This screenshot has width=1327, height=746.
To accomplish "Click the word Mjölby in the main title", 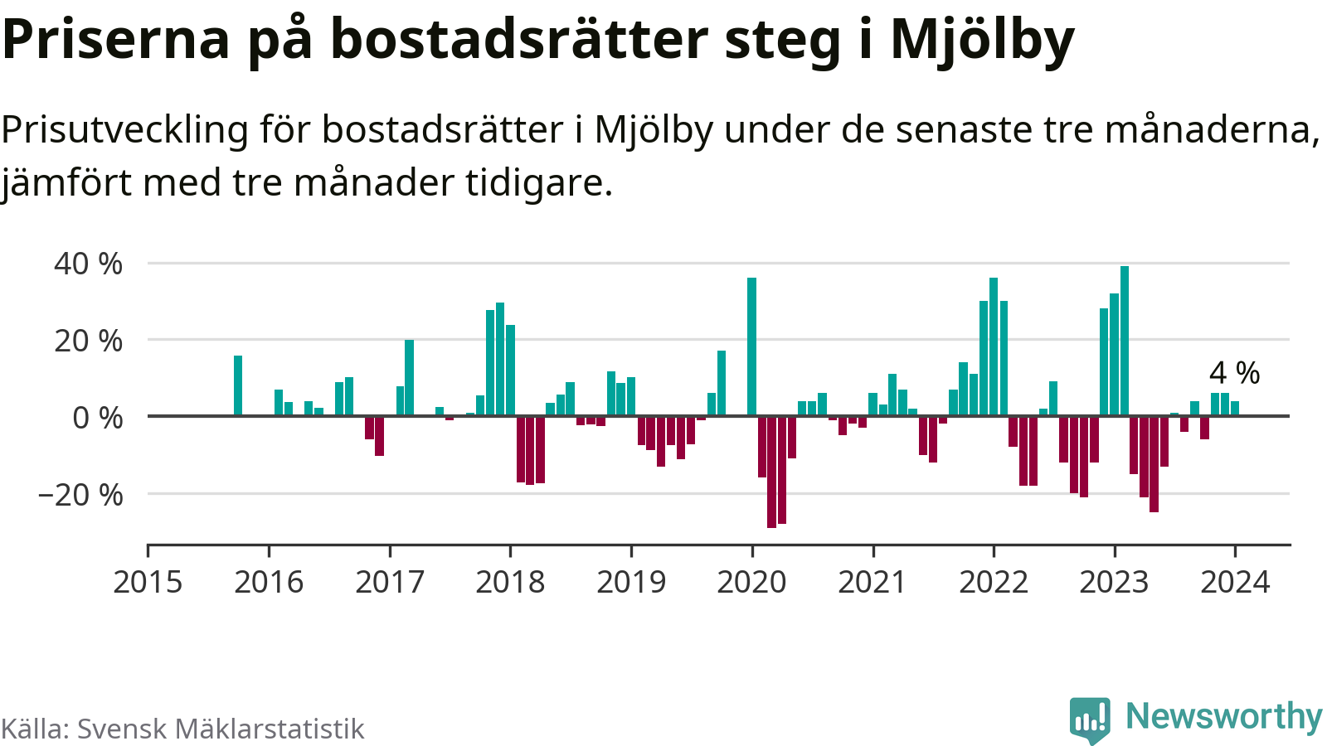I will click(982, 40).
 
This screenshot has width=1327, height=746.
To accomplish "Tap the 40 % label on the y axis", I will click(88, 264).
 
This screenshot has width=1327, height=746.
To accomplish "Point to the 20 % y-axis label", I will click(88, 341).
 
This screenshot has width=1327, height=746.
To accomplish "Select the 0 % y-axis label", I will click(97, 418).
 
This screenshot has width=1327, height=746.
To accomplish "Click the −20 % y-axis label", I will click(80, 495).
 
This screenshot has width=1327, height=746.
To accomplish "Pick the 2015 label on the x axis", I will click(148, 583).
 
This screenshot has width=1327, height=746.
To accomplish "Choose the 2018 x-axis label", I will click(510, 583).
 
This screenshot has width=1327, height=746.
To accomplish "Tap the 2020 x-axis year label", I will click(751, 583).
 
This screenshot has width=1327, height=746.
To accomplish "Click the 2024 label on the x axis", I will click(1235, 583).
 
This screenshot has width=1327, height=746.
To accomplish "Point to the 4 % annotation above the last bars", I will click(1234, 373).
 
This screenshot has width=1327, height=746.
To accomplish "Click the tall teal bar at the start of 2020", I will click(751, 346).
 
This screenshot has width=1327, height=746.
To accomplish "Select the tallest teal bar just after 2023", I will click(1125, 341).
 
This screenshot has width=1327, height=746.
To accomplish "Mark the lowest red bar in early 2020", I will click(771, 471).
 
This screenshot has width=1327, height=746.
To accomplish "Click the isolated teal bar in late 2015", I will click(238, 385).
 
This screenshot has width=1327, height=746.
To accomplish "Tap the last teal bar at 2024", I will click(1235, 408).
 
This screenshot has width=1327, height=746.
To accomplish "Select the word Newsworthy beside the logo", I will click(1223, 716).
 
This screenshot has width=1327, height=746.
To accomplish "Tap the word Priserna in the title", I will click(116, 40).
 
